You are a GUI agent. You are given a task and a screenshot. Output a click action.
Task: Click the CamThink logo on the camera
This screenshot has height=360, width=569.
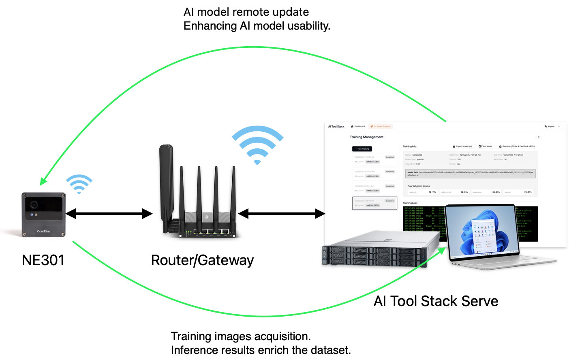[43, 231]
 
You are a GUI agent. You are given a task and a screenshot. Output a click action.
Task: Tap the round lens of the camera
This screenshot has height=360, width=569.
[33, 204]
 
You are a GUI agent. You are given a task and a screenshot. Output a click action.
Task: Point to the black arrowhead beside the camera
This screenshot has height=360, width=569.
[71, 213]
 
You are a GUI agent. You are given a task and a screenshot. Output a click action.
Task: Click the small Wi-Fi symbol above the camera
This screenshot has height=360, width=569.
[79, 184]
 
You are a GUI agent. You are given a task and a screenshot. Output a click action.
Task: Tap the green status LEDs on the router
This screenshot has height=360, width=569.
[188, 232]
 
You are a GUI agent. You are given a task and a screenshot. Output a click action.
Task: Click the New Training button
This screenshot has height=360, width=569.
[362, 149]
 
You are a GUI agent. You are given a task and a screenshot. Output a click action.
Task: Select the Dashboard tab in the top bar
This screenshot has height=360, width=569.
[358, 126]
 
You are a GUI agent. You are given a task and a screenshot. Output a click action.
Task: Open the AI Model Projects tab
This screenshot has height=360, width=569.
[381, 126]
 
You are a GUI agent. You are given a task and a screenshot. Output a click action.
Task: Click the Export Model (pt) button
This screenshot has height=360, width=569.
[462, 146]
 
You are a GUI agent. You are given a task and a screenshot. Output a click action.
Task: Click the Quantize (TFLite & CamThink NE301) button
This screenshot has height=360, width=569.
[517, 146]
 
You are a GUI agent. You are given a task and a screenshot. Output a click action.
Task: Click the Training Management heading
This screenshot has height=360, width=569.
[366, 137]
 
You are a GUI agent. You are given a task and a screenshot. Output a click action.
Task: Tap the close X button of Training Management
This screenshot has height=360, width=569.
[538, 137]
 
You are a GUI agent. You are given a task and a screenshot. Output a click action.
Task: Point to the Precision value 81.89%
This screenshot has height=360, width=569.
[496, 192]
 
